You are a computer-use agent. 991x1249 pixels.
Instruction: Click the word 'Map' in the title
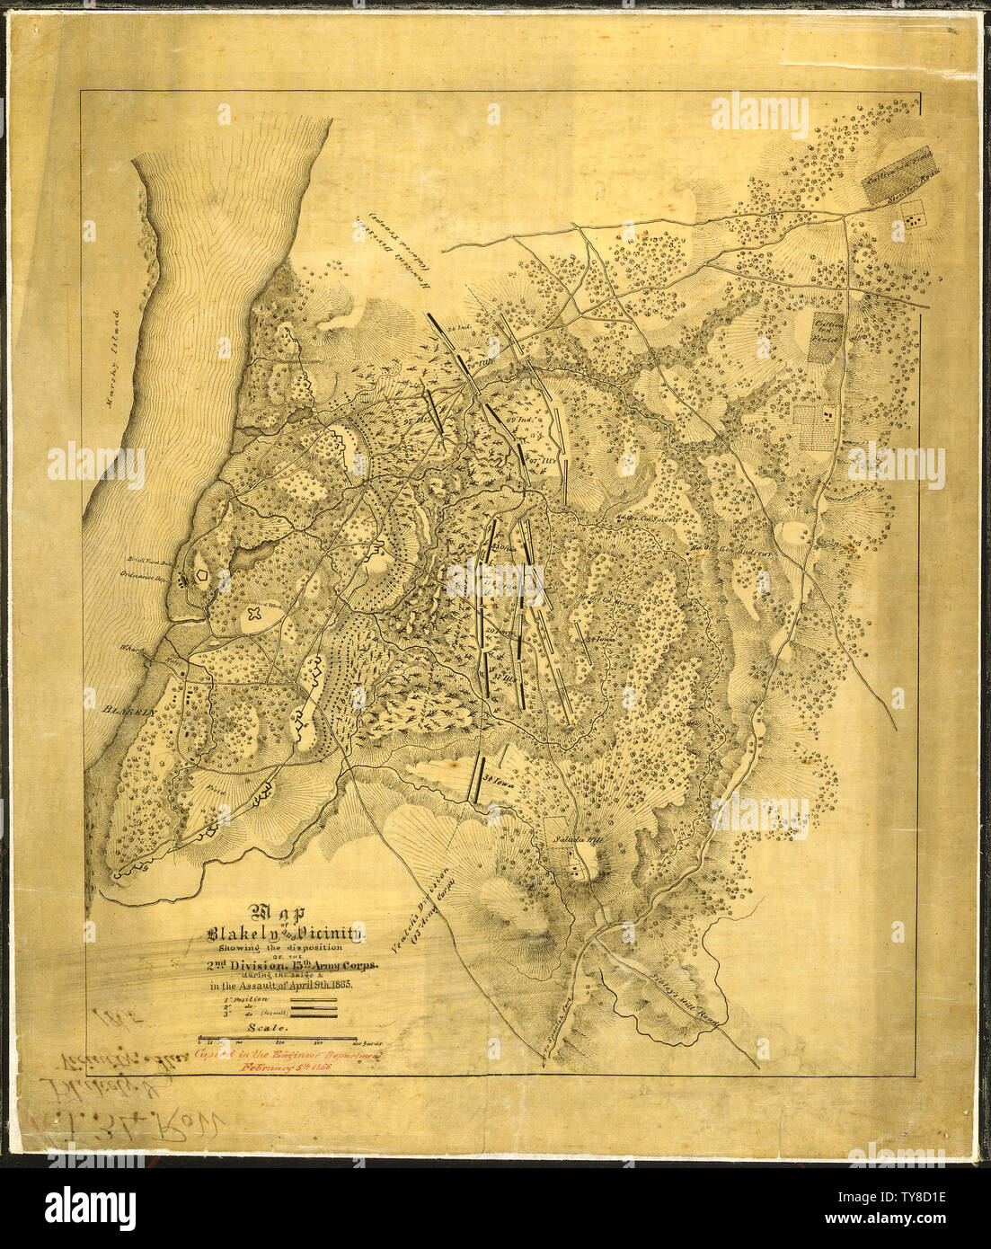point(282,911)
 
